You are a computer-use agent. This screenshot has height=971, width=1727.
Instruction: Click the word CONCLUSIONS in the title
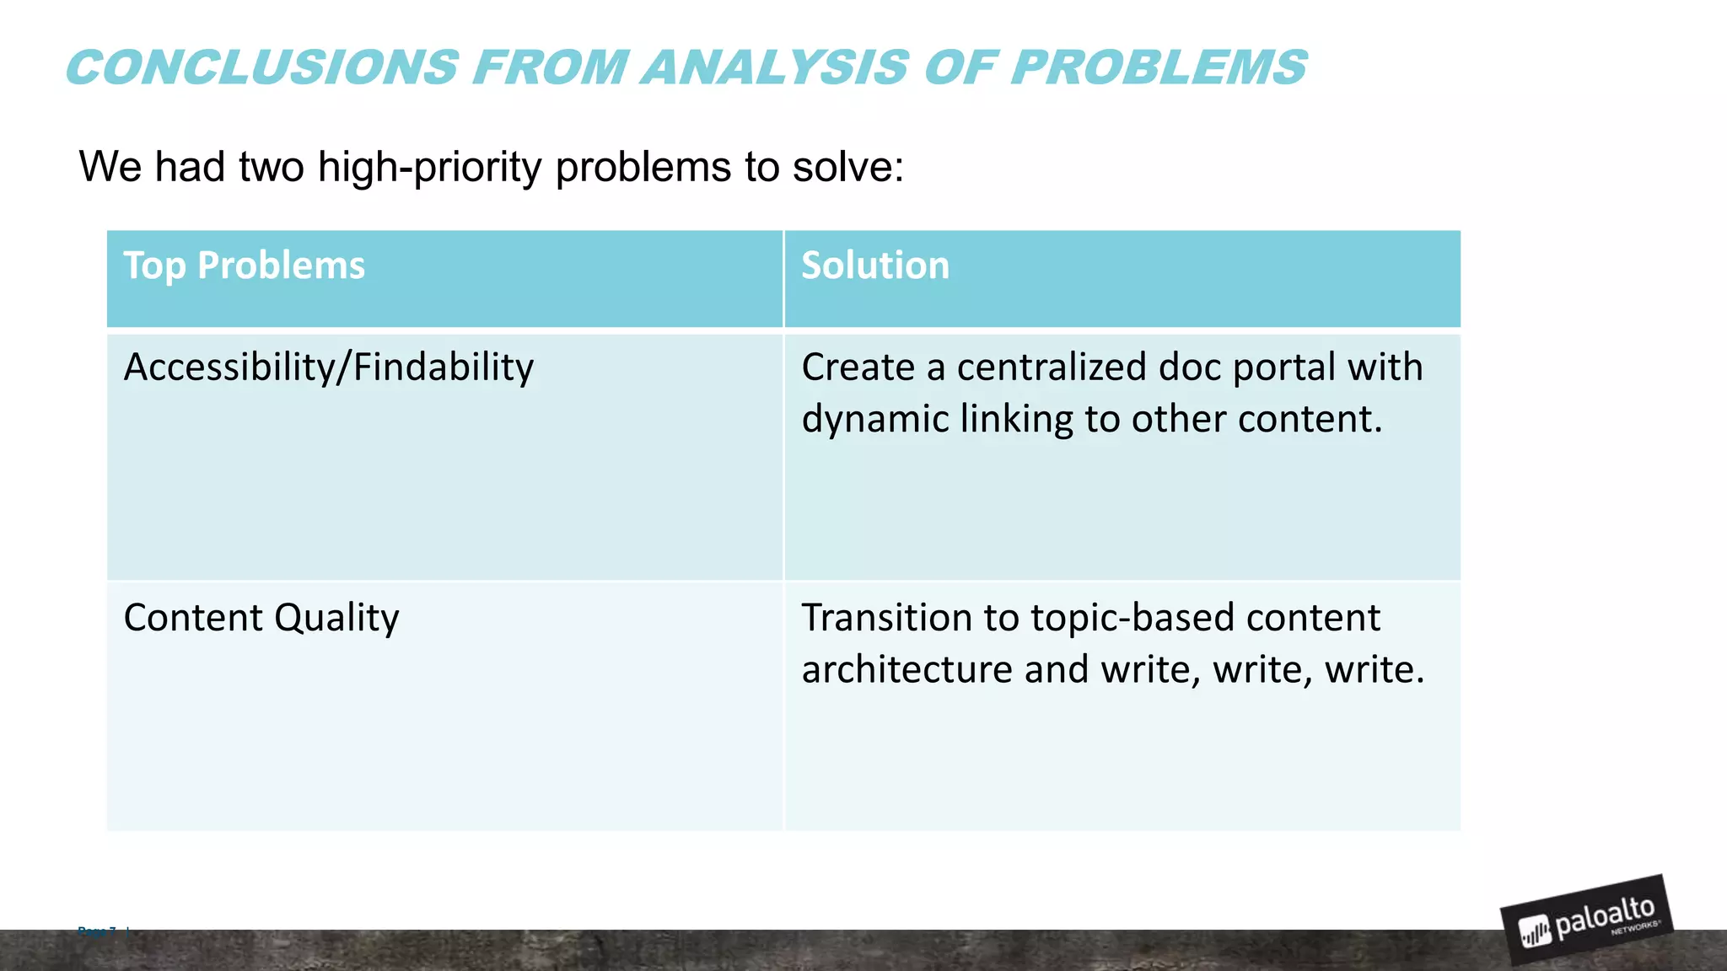[262, 68]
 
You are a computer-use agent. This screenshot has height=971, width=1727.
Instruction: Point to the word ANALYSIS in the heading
[775, 68]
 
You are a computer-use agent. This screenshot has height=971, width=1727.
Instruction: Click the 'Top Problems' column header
[244, 266]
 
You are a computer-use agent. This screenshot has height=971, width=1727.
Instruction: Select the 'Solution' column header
[874, 266]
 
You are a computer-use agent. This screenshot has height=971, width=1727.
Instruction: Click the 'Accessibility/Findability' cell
[328, 368]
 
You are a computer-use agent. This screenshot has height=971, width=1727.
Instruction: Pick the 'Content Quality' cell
[261, 618]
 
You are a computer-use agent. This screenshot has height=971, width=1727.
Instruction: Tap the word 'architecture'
[907, 670]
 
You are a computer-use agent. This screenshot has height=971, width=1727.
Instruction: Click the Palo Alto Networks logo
[1587, 920]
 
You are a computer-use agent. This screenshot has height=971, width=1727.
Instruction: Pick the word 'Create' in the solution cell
[858, 367]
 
